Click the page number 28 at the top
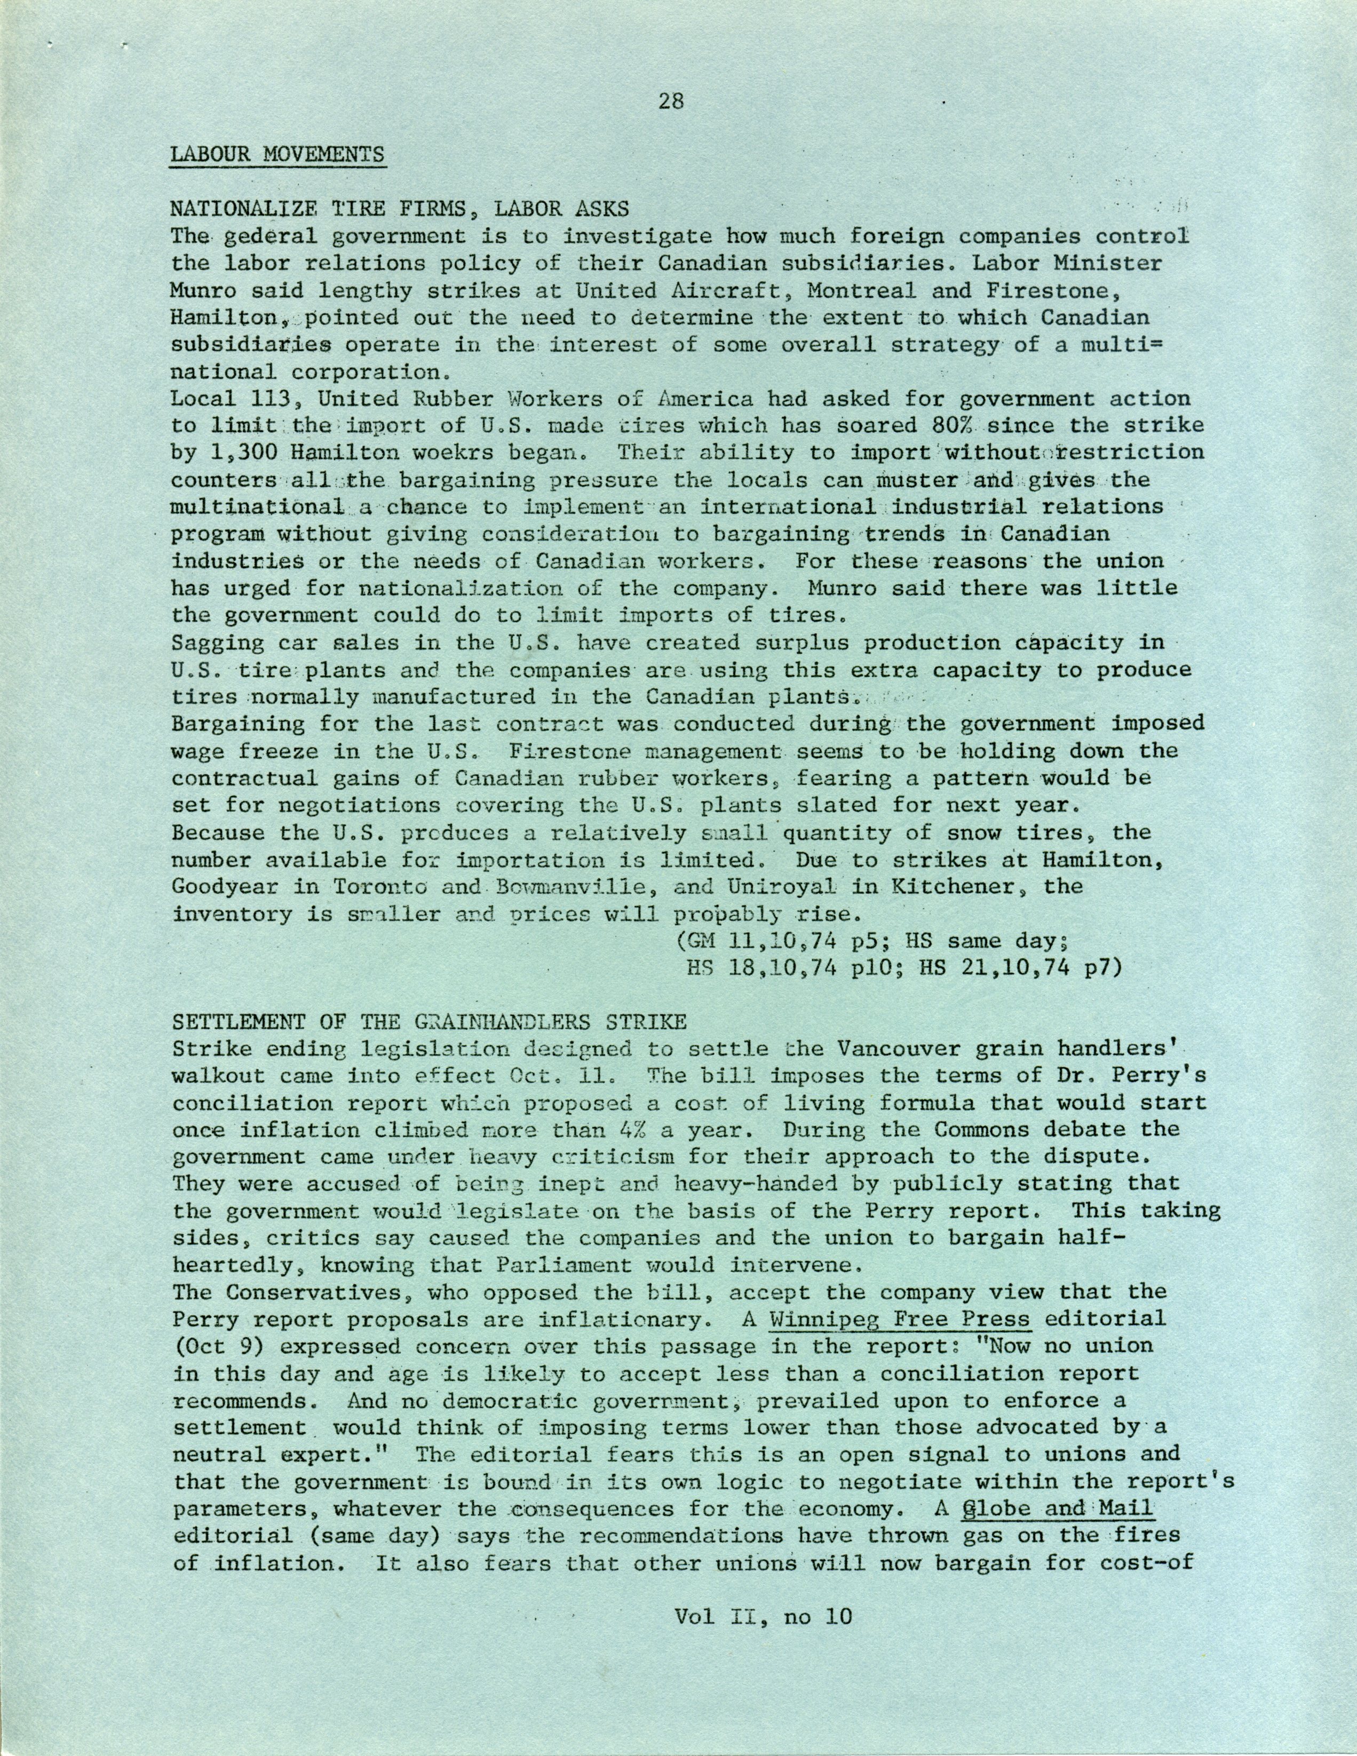(670, 101)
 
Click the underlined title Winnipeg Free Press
(899, 1320)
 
